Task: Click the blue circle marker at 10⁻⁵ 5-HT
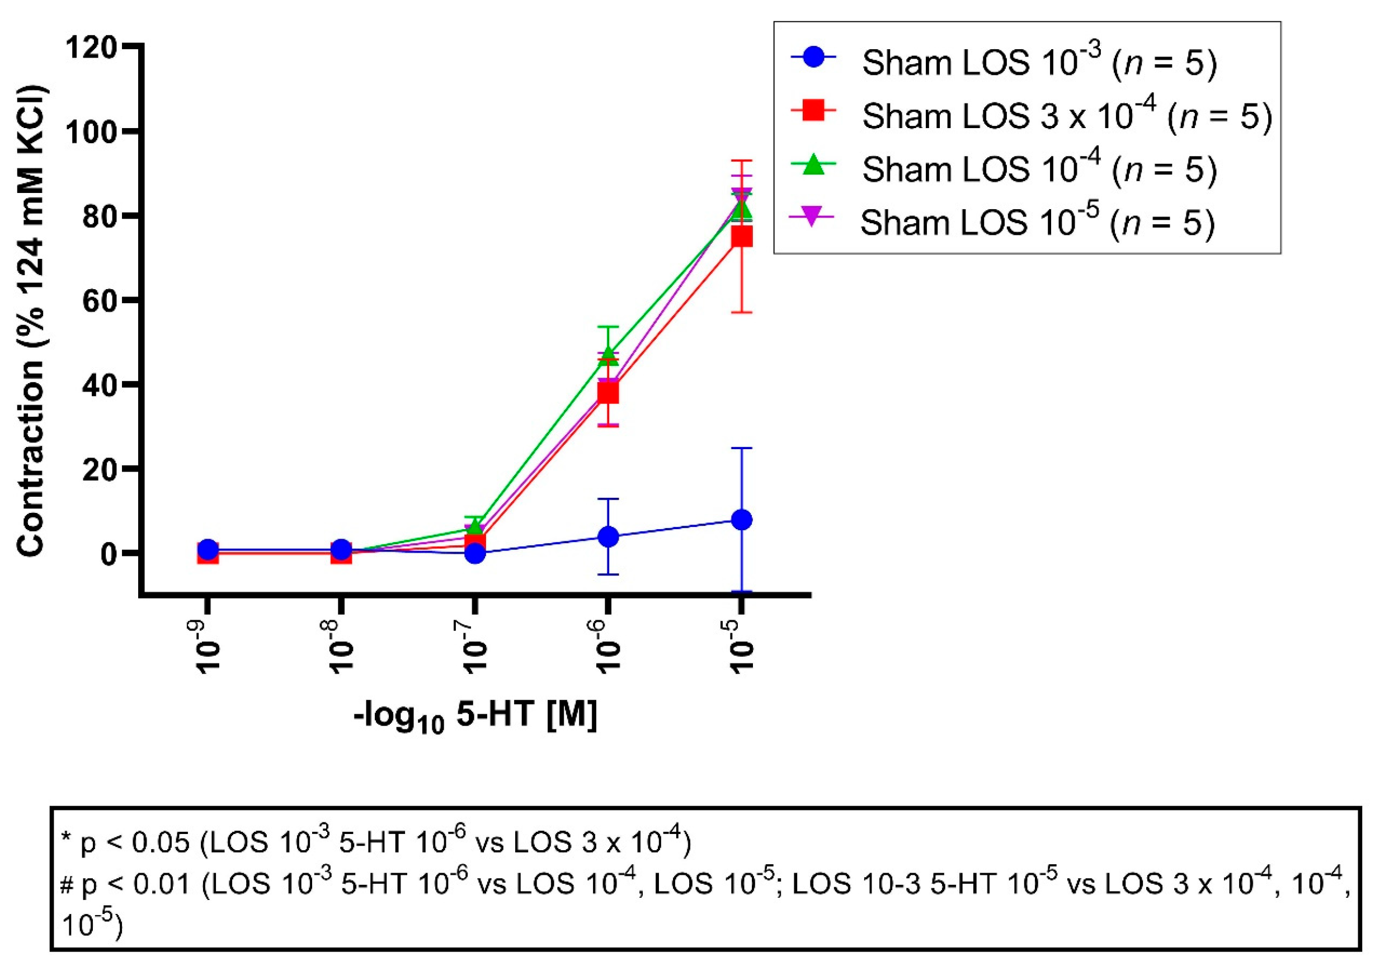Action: pyautogui.click(x=741, y=520)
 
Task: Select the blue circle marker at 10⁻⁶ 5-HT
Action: pyautogui.click(x=608, y=536)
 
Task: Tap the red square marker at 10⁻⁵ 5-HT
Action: pyautogui.click(x=741, y=237)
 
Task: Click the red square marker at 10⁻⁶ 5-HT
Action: pyautogui.click(x=608, y=393)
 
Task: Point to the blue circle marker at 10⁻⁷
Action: pyautogui.click(x=474, y=553)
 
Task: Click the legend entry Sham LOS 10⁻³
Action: pyautogui.click(x=1039, y=63)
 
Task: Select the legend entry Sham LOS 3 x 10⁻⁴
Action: pyautogui.click(x=1066, y=116)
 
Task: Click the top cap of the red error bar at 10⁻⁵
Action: pyautogui.click(x=741, y=161)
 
